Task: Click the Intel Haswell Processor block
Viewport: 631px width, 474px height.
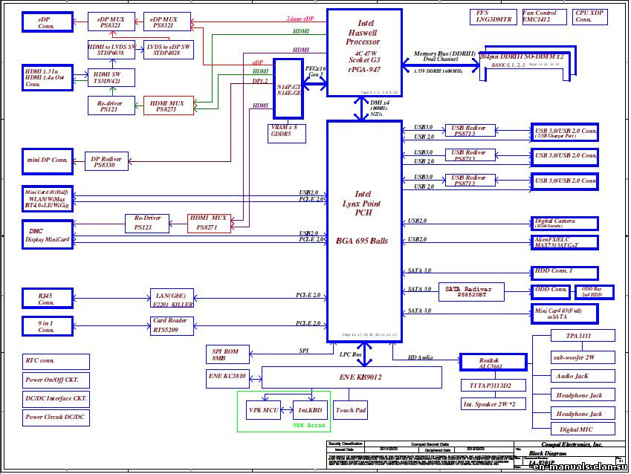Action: tap(364, 52)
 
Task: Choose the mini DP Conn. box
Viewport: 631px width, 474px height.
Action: tap(48, 160)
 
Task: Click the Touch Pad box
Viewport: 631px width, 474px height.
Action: tap(350, 409)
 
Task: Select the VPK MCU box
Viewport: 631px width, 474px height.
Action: tap(262, 409)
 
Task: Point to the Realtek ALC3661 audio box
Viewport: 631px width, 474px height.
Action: tap(493, 363)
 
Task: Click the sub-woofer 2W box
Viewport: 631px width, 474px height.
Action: tap(573, 357)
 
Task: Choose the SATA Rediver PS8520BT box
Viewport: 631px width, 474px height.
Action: tap(471, 291)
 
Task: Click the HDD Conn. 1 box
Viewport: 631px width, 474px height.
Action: tap(564, 271)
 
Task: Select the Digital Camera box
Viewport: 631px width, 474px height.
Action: tap(564, 223)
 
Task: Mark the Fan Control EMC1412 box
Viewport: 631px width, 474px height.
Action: tap(540, 16)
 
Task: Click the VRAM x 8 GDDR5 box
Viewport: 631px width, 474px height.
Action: tap(286, 132)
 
